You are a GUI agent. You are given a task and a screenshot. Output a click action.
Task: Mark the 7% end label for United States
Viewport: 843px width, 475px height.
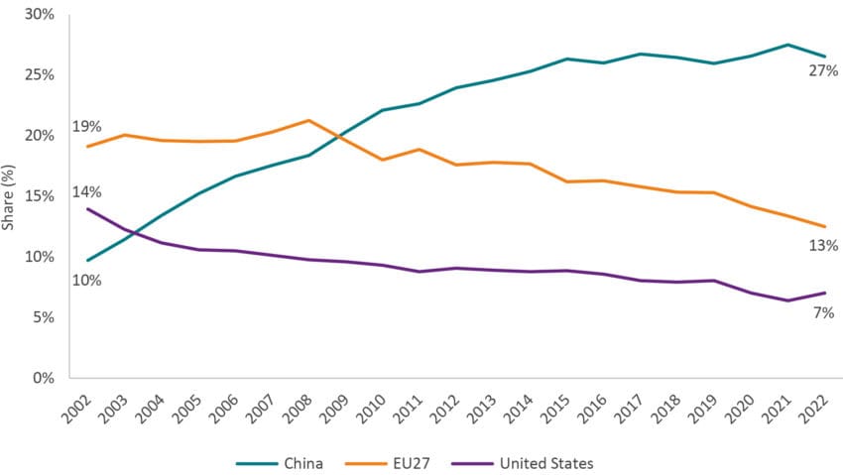pos(823,312)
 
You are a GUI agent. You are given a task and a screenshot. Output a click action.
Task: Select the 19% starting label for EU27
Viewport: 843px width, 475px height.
pos(86,128)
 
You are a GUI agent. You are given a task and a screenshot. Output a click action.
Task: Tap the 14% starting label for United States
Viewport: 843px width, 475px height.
pos(86,191)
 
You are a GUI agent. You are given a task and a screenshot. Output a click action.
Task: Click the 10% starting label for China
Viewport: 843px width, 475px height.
pos(86,280)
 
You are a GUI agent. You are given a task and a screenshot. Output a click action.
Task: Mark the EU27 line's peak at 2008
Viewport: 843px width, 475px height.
pos(308,120)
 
